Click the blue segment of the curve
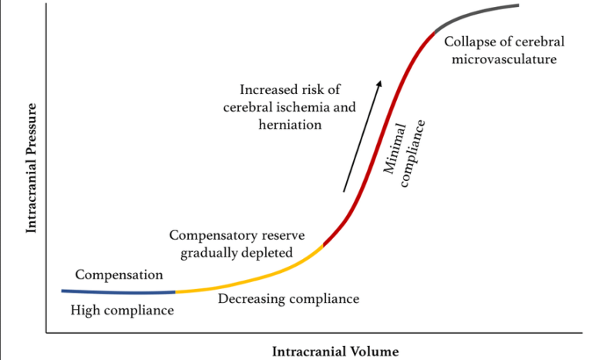(116, 292)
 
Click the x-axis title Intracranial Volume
(335, 352)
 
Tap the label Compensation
(119, 274)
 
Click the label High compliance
(122, 310)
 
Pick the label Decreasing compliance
(288, 298)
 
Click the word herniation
(290, 124)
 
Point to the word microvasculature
(500, 58)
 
